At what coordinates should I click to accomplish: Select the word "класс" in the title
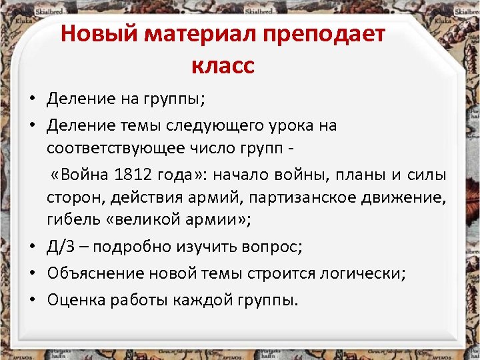(x=223, y=65)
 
